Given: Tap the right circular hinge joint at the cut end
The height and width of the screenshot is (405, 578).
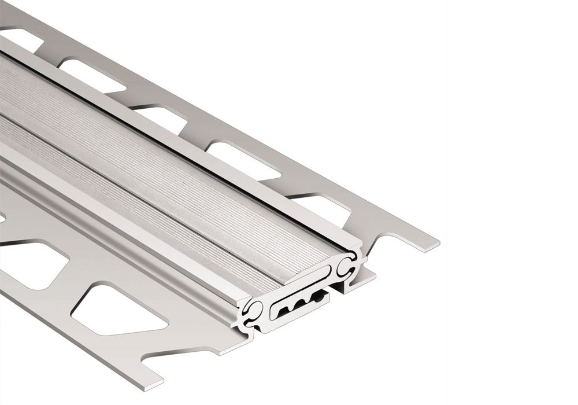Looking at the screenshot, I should (349, 267).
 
